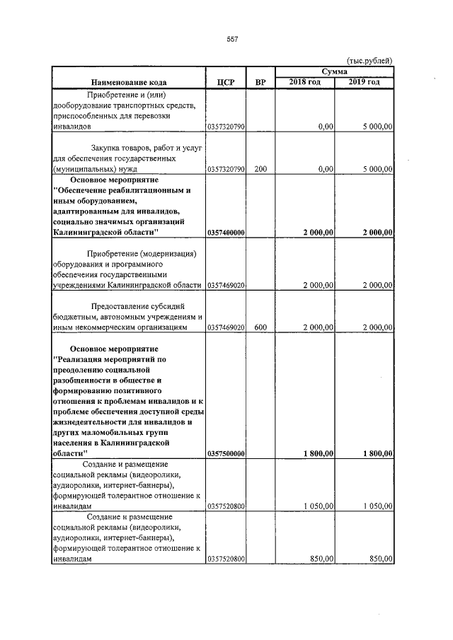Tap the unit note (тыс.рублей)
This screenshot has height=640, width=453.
point(369,62)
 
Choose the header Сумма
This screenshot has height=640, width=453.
point(334,72)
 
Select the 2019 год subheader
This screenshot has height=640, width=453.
point(365,83)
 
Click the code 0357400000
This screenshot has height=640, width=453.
point(225,232)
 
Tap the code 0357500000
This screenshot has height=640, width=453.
point(225,453)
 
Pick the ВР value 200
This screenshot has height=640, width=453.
point(260,169)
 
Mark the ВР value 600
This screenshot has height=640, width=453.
point(260,328)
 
